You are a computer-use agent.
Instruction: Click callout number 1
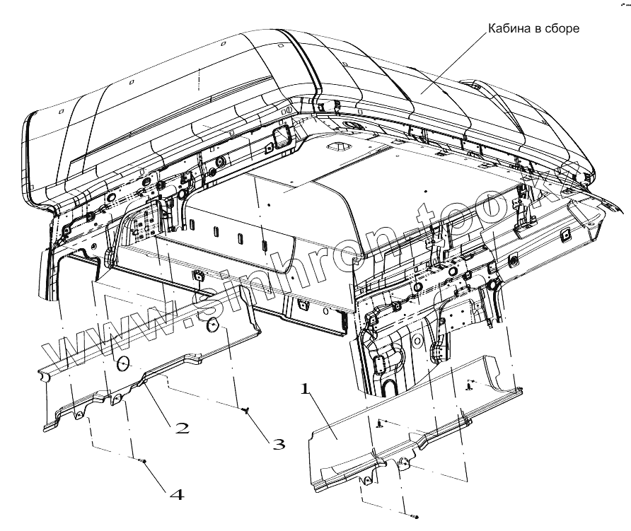(305, 389)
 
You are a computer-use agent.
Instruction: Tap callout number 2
(183, 427)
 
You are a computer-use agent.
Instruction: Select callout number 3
(279, 444)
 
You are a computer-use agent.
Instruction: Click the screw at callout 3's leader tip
(245, 411)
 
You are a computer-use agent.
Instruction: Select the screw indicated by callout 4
(143, 462)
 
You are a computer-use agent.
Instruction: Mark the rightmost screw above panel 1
(470, 385)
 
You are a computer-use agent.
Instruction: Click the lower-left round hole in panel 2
(122, 363)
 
